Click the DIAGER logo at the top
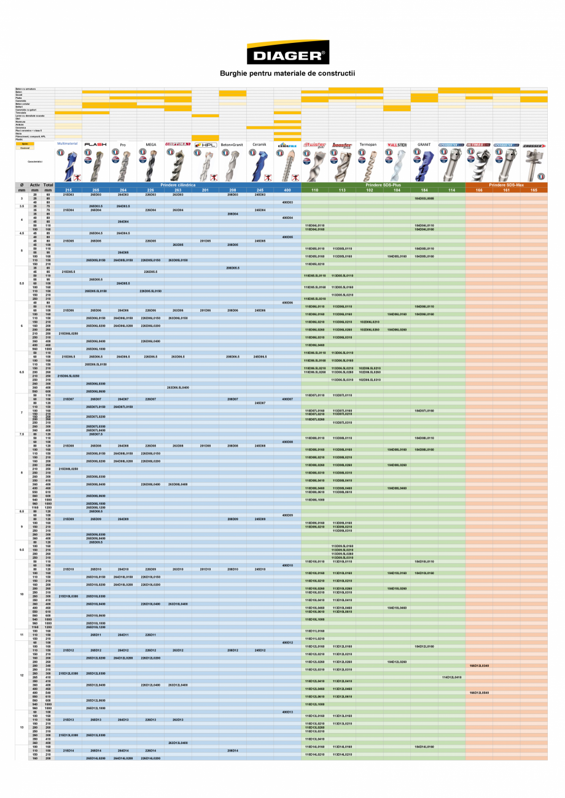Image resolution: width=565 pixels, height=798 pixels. click(287, 53)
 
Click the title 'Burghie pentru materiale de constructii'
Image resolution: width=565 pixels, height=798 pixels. click(287, 74)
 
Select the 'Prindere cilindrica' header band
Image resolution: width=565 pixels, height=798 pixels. click(178, 185)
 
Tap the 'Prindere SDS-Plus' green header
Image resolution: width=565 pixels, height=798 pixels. click(383, 185)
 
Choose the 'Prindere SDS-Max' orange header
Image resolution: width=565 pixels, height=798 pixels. click(506, 185)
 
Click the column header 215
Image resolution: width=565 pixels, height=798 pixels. click(69, 190)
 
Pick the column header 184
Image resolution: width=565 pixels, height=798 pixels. click(424, 190)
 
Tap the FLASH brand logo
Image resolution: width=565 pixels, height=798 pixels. click(96, 145)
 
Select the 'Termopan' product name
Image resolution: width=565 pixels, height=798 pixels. click(369, 145)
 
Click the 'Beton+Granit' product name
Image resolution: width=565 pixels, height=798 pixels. click(233, 145)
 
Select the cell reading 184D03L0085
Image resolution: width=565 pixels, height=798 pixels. click(424, 199)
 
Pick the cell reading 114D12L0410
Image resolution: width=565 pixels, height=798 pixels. click(451, 677)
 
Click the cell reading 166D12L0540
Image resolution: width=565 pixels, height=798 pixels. click(479, 692)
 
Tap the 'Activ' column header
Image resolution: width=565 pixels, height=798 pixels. click(35, 185)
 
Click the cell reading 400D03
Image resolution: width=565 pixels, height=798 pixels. click(287, 202)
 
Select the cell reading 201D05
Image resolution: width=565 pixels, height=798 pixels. click(206, 241)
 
